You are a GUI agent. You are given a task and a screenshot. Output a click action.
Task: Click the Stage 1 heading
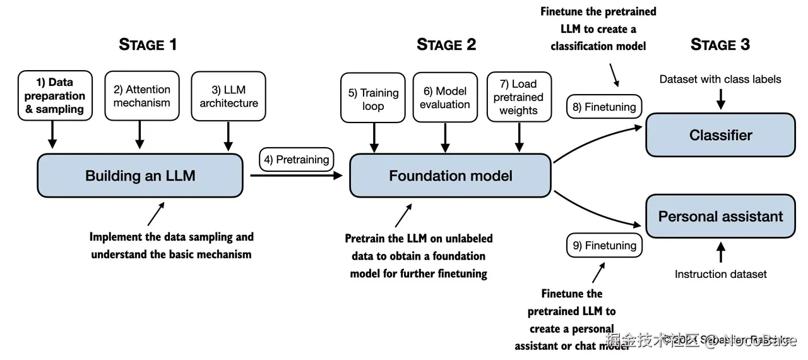tap(148, 45)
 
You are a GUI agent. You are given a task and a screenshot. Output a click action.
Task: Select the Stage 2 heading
tap(446, 45)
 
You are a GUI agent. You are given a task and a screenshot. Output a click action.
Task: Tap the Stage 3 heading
tap(720, 45)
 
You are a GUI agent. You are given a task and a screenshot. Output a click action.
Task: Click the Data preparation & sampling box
tap(55, 96)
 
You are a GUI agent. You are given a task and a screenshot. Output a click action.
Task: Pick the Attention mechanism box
tap(141, 96)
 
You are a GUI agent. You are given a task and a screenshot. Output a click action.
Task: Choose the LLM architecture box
tap(229, 96)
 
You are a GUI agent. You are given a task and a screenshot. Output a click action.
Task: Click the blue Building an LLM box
tap(140, 176)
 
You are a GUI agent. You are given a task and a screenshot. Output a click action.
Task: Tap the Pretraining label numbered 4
tap(297, 160)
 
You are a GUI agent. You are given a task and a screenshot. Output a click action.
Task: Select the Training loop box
tap(373, 99)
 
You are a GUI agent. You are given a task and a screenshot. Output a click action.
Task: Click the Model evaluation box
tap(445, 98)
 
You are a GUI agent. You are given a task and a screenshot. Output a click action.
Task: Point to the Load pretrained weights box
tap(519, 97)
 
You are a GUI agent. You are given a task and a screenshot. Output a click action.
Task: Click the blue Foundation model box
tap(451, 176)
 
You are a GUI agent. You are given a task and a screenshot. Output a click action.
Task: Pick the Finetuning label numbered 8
tap(604, 107)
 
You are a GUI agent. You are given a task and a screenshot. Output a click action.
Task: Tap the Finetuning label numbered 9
tap(604, 245)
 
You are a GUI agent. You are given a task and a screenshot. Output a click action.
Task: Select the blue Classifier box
tap(720, 135)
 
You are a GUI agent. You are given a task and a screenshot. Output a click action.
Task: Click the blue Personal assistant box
tap(720, 217)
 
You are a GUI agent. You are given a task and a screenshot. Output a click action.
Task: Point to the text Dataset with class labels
tap(720, 79)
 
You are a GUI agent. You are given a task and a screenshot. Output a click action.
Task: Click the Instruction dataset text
tap(720, 274)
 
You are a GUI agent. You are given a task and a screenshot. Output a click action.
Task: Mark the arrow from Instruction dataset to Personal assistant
tap(720, 253)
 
